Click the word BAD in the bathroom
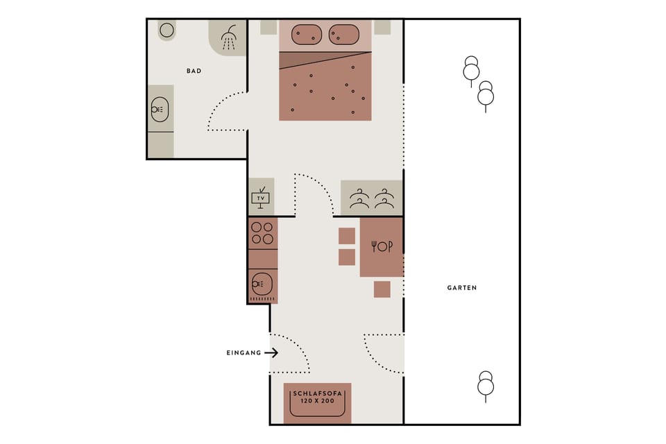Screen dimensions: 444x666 [x=194, y=71]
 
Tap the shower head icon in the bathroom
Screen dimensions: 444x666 [x=228, y=37]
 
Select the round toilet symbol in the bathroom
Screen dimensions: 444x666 [x=166, y=30]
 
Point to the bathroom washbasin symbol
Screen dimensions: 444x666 [x=160, y=109]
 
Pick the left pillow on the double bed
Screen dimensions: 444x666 [x=306, y=34]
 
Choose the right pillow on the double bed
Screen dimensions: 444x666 [x=343, y=34]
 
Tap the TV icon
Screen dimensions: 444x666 [x=261, y=198]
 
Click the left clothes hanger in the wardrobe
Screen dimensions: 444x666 [x=359, y=199]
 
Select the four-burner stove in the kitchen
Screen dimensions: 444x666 [x=262, y=233]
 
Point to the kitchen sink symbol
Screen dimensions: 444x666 [x=262, y=283]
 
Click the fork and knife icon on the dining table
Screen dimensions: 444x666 [x=382, y=246]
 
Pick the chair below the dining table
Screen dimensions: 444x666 [x=382, y=289]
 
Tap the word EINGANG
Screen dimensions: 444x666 [x=244, y=352]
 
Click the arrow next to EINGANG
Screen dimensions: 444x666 [x=271, y=352]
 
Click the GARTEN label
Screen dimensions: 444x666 [x=462, y=287]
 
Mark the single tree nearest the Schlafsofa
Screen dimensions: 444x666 [x=486, y=385]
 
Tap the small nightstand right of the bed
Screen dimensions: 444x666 [x=382, y=27]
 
